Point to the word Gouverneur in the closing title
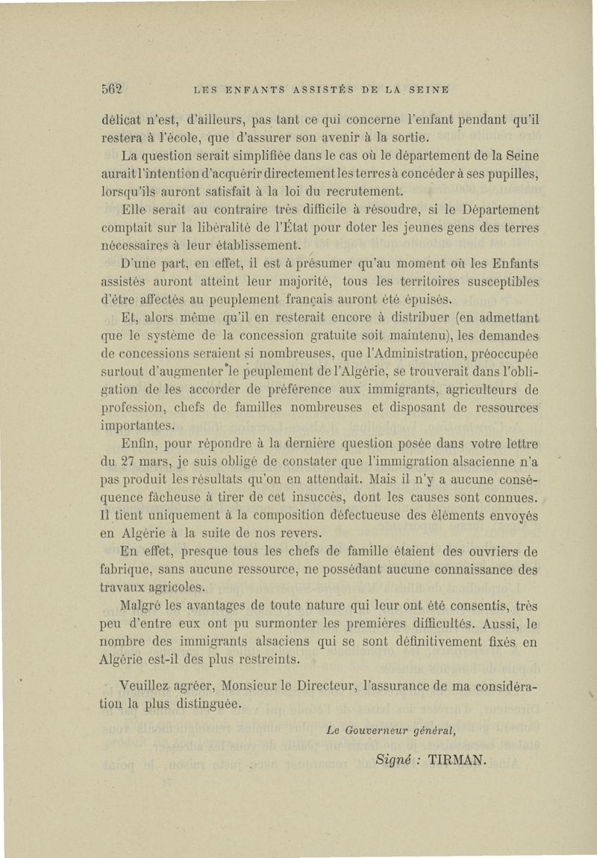378,731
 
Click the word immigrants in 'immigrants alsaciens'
207,641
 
